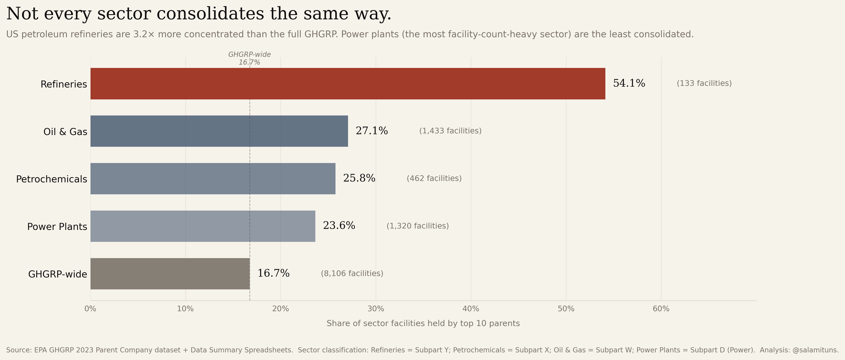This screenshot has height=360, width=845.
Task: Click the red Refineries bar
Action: pyautogui.click(x=348, y=84)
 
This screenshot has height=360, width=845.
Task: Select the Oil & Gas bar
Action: pyautogui.click(x=219, y=131)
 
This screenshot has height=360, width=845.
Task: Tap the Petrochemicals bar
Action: pyautogui.click(x=213, y=178)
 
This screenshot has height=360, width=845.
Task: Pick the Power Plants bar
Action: pyautogui.click(x=203, y=226)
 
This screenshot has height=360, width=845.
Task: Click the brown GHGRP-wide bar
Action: pyautogui.click(x=170, y=274)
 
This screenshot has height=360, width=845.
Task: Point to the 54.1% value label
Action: pyautogui.click(x=629, y=83)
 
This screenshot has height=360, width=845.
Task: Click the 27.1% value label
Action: pyautogui.click(x=372, y=131)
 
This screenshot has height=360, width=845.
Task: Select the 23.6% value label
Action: pyautogui.click(x=339, y=226)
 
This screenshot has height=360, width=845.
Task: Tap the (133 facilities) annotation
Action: pyautogui.click(x=704, y=83)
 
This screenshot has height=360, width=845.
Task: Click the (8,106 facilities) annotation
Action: pyautogui.click(x=352, y=273)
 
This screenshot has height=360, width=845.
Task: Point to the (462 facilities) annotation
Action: pyautogui.click(x=434, y=178)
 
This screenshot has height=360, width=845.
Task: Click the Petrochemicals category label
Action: pyautogui.click(x=51, y=179)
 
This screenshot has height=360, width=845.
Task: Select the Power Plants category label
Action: pyautogui.click(x=57, y=227)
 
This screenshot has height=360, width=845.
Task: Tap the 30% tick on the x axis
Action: pyautogui.click(x=376, y=309)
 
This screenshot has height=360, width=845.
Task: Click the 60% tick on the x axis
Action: pyautogui.click(x=661, y=309)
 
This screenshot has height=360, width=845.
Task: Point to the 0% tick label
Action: pyautogui.click(x=90, y=309)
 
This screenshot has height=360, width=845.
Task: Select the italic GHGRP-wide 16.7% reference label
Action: pyautogui.click(x=249, y=58)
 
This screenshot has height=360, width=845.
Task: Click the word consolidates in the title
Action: pyautogui.click(x=210, y=14)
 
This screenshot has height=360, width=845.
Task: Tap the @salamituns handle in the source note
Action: pyautogui.click(x=815, y=350)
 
